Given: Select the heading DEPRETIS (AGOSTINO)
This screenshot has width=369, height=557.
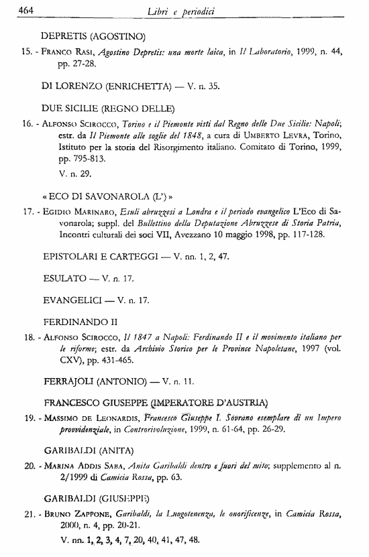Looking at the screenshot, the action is [93, 34].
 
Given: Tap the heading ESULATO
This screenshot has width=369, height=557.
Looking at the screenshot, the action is [64, 277].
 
